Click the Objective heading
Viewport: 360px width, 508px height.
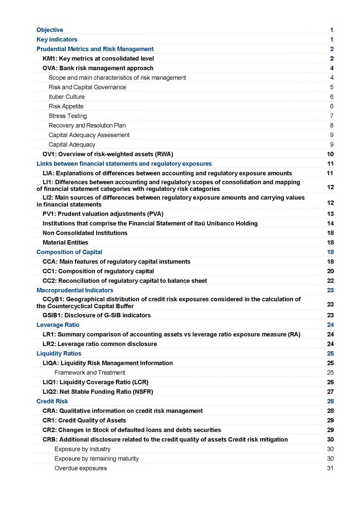pos(50,30)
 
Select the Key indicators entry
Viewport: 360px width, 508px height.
pos(57,39)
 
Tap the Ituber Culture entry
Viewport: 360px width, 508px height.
pos(67,97)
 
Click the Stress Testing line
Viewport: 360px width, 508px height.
pos(68,116)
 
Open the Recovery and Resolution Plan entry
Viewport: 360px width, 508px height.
pos(87,125)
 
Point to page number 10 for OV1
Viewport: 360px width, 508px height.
pos(330,154)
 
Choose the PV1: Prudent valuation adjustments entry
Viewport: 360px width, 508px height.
pos(103,214)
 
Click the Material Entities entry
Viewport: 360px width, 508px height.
pos(65,243)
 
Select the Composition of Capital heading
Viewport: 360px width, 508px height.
pos(69,252)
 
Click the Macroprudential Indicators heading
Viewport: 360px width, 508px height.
pos(75,290)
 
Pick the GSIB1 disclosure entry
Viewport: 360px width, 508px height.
pos(96,315)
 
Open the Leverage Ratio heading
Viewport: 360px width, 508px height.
pos(58,325)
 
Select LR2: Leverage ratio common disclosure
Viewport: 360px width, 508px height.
pos(100,344)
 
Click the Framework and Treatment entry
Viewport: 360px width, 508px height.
pos(90,372)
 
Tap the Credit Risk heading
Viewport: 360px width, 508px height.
pos(52,401)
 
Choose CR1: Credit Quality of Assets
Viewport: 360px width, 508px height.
pos(84,420)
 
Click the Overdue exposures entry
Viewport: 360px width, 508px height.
pos(80,468)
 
